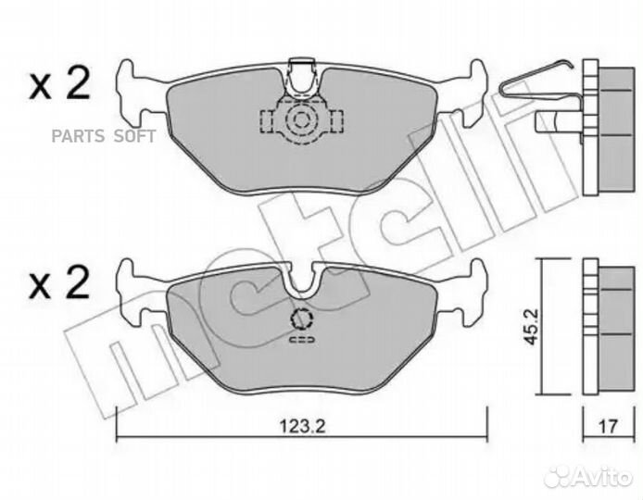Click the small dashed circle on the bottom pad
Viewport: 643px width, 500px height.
[x=302, y=320]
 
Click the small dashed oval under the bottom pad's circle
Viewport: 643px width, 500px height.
[x=302, y=341]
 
